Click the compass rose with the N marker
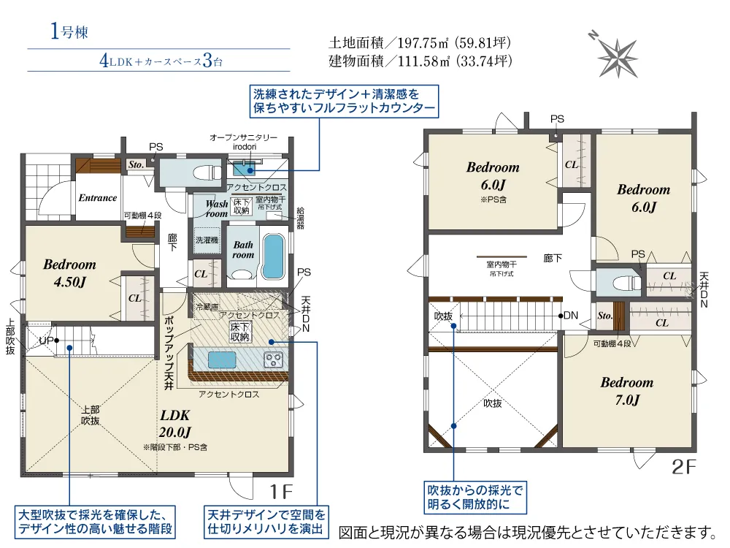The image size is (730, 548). tap(616, 56)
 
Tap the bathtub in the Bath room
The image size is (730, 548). tap(273, 256)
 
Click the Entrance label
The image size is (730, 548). tap(97, 197)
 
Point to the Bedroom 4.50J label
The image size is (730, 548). tap(69, 273)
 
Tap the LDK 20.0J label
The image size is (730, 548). tap(175, 424)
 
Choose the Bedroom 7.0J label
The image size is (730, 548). tap(626, 391)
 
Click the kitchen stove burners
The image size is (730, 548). tap(273, 359)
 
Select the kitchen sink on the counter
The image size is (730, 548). tap(222, 359)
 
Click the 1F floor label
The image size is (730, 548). tap(281, 491)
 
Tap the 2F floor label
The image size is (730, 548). tap(684, 466)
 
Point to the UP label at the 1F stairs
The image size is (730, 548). tap(46, 340)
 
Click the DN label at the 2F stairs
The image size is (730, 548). tap(572, 316)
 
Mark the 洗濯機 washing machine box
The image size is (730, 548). tap(207, 240)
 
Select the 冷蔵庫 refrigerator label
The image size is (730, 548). tap(207, 307)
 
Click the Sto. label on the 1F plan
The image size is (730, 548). tap(136, 164)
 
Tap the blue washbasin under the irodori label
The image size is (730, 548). tap(245, 168)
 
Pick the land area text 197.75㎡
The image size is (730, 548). tap(423, 43)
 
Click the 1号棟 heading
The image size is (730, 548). tap(69, 31)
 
